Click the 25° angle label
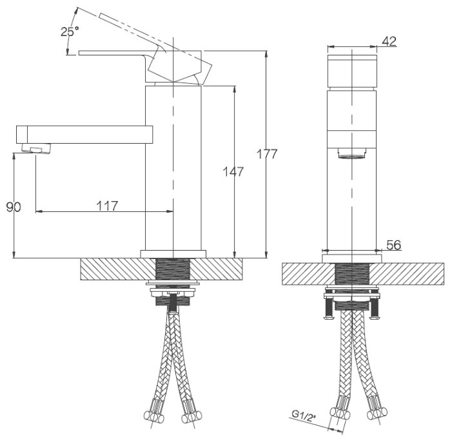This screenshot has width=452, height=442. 70,31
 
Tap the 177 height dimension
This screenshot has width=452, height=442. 267,154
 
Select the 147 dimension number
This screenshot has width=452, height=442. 233,172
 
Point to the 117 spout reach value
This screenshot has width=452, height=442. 107,206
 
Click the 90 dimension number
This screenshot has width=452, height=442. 14,207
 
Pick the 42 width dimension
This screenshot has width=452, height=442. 389,41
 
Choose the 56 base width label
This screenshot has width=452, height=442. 393,245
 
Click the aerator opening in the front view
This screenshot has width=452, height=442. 351,153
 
